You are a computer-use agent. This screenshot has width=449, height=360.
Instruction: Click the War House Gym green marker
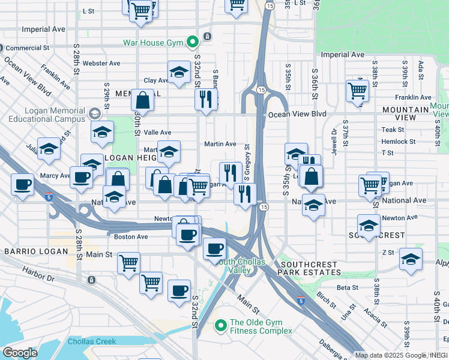pyautogui.click(x=192, y=42)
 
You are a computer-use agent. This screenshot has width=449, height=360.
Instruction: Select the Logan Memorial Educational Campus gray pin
pyautogui.click(x=94, y=113)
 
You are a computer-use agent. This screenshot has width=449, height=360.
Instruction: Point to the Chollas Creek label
pyautogui.click(x=92, y=341)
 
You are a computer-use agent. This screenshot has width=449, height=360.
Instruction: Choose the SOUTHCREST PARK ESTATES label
pyautogui.click(x=310, y=268)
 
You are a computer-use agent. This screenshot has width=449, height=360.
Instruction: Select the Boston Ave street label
pyautogui.click(x=131, y=236)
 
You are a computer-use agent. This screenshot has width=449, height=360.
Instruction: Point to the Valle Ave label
pyautogui.click(x=157, y=133)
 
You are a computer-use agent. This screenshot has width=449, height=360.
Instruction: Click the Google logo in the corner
pyautogui.click(x=19, y=353)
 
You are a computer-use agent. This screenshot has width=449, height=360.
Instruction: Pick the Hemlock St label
pyautogui.click(x=399, y=142)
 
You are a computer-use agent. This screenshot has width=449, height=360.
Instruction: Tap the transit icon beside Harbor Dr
pyautogui.click(x=91, y=280)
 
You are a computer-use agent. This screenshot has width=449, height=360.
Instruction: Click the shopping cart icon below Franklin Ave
pyautogui.click(x=357, y=91)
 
